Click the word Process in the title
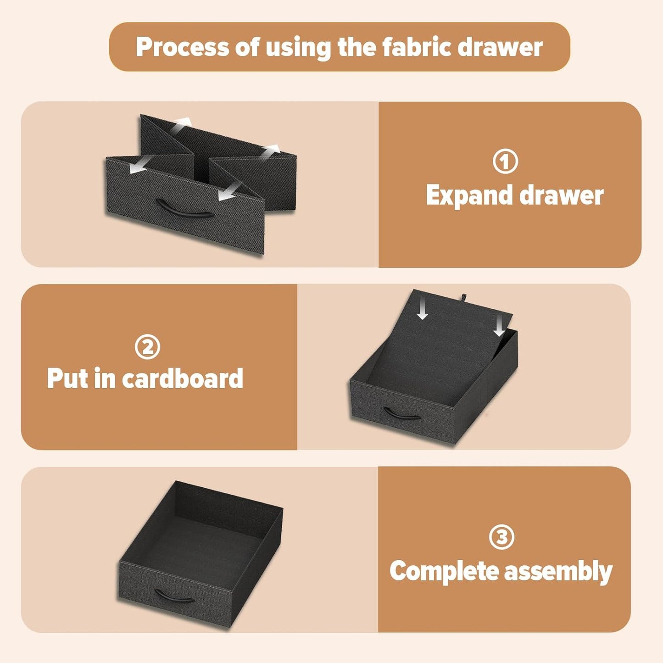click(183, 47)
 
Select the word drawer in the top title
click(504, 47)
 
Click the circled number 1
click(505, 161)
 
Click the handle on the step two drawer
click(402, 413)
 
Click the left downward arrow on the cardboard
click(422, 310)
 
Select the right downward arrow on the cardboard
click(499, 327)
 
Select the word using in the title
click(298, 48)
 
